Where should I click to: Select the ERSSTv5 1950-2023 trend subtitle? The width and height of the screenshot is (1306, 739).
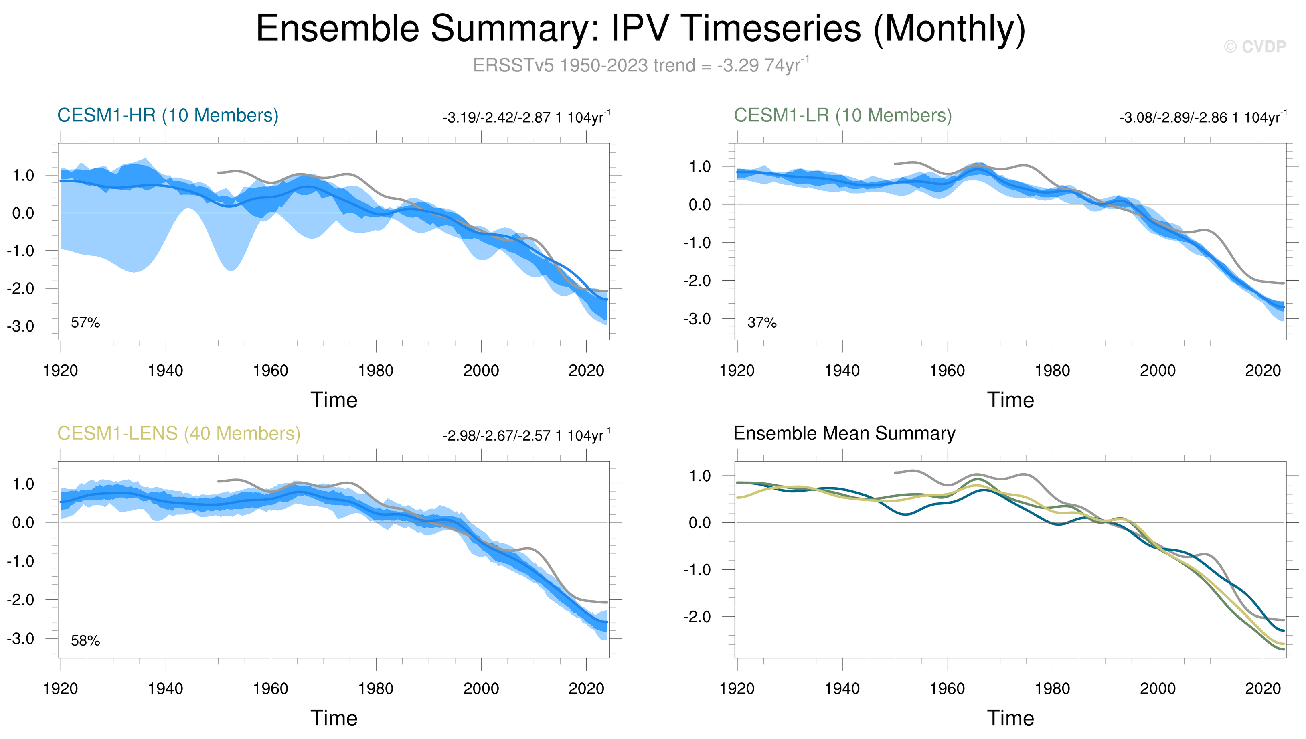[x=640, y=65]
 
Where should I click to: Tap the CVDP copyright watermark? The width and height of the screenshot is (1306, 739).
[x=1254, y=47]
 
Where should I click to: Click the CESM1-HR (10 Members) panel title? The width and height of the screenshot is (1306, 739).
[x=168, y=116]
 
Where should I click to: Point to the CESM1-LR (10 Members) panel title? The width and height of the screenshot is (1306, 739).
[x=842, y=116]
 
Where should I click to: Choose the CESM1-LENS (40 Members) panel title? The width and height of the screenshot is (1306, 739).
[x=179, y=434]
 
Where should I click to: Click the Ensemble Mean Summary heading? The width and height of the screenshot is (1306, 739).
[x=844, y=433]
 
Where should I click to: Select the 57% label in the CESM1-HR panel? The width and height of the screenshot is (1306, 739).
[x=85, y=323]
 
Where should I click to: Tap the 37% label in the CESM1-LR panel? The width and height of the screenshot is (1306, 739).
[x=762, y=323]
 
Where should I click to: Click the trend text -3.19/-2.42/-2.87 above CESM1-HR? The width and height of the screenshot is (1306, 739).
[x=526, y=118]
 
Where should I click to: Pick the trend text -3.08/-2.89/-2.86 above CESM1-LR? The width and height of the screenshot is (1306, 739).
[x=1203, y=118]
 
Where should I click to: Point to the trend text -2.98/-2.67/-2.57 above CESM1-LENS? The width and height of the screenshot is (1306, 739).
[x=526, y=436]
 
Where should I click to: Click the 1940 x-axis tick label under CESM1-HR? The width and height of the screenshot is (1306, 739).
[x=166, y=371]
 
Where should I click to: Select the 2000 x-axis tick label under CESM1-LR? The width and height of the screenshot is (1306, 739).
[x=1157, y=371]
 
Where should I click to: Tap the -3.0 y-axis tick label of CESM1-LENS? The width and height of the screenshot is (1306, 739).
[x=21, y=638]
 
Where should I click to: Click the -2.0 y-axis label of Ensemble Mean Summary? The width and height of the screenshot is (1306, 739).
[x=697, y=617]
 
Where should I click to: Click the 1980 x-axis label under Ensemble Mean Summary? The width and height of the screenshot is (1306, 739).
[x=1052, y=689]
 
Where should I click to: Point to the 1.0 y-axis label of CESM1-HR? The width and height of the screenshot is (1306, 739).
[x=23, y=176]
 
